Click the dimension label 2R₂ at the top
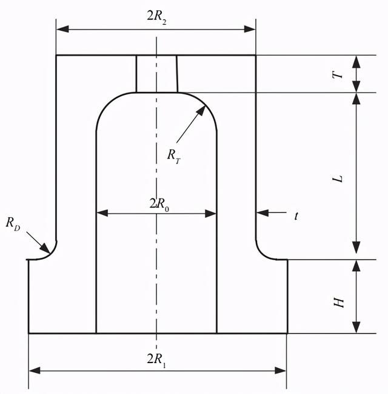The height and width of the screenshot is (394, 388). pos(156,17)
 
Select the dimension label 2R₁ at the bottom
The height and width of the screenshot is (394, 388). pos(156,360)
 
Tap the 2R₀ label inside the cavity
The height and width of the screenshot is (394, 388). pos(159,204)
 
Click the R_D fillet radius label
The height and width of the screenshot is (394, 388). pos(15,223)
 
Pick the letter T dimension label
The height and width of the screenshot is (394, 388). pos(340,73)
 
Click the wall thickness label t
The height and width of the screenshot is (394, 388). pos(296,215)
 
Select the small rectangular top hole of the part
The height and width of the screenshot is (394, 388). pos(157,74)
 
